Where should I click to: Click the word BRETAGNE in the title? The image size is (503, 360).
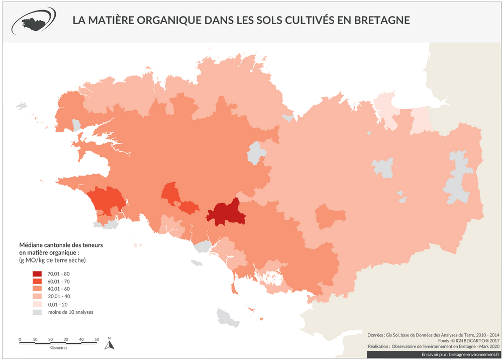click(x=383, y=21)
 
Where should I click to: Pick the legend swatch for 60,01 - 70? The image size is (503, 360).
click(x=38, y=282)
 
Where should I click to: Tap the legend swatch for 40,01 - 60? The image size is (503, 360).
click(x=38, y=290)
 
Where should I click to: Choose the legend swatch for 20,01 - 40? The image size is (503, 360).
click(x=38, y=297)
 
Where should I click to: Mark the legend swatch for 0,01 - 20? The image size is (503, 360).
click(x=38, y=305)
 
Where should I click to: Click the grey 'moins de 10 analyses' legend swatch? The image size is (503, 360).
click(x=38, y=312)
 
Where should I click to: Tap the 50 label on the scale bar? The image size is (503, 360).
click(x=96, y=339)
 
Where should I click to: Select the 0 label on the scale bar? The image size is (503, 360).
click(x=20, y=339)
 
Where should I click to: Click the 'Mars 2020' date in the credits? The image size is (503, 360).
click(x=487, y=346)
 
